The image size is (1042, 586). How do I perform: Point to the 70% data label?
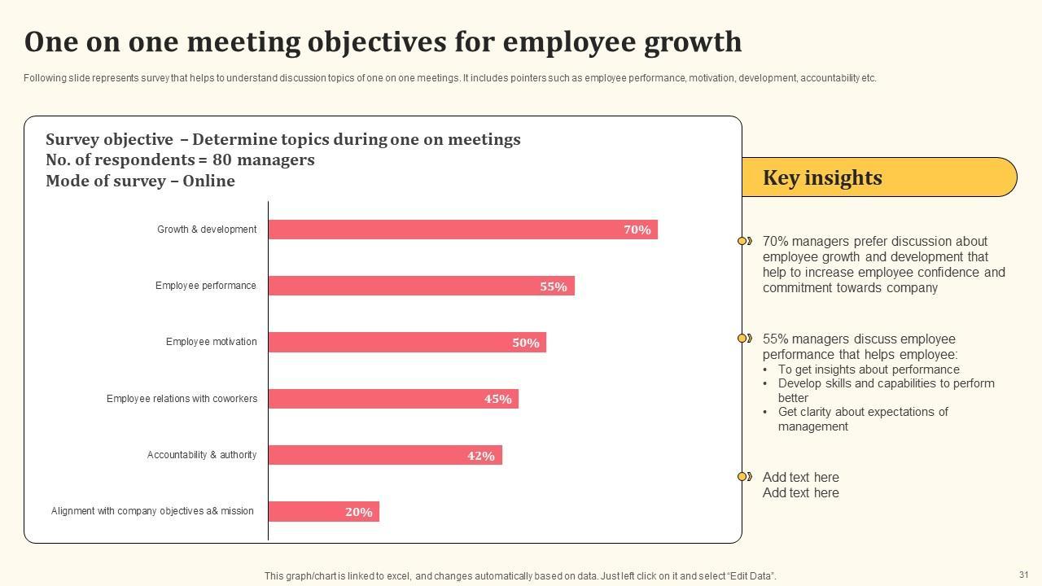pos(637,230)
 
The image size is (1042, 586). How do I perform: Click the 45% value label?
pos(498,399)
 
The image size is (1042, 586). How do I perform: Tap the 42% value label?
pos(481,456)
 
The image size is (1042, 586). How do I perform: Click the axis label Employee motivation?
pos(211,342)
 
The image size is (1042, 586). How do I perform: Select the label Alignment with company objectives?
pos(152,511)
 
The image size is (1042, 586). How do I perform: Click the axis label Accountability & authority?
pos(201,455)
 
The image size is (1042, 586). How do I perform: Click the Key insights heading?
pos(822,177)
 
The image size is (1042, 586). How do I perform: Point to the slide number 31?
pos(1023,575)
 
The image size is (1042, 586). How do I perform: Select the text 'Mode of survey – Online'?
pos(140,181)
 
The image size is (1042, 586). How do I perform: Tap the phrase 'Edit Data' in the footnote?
pos(749,576)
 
